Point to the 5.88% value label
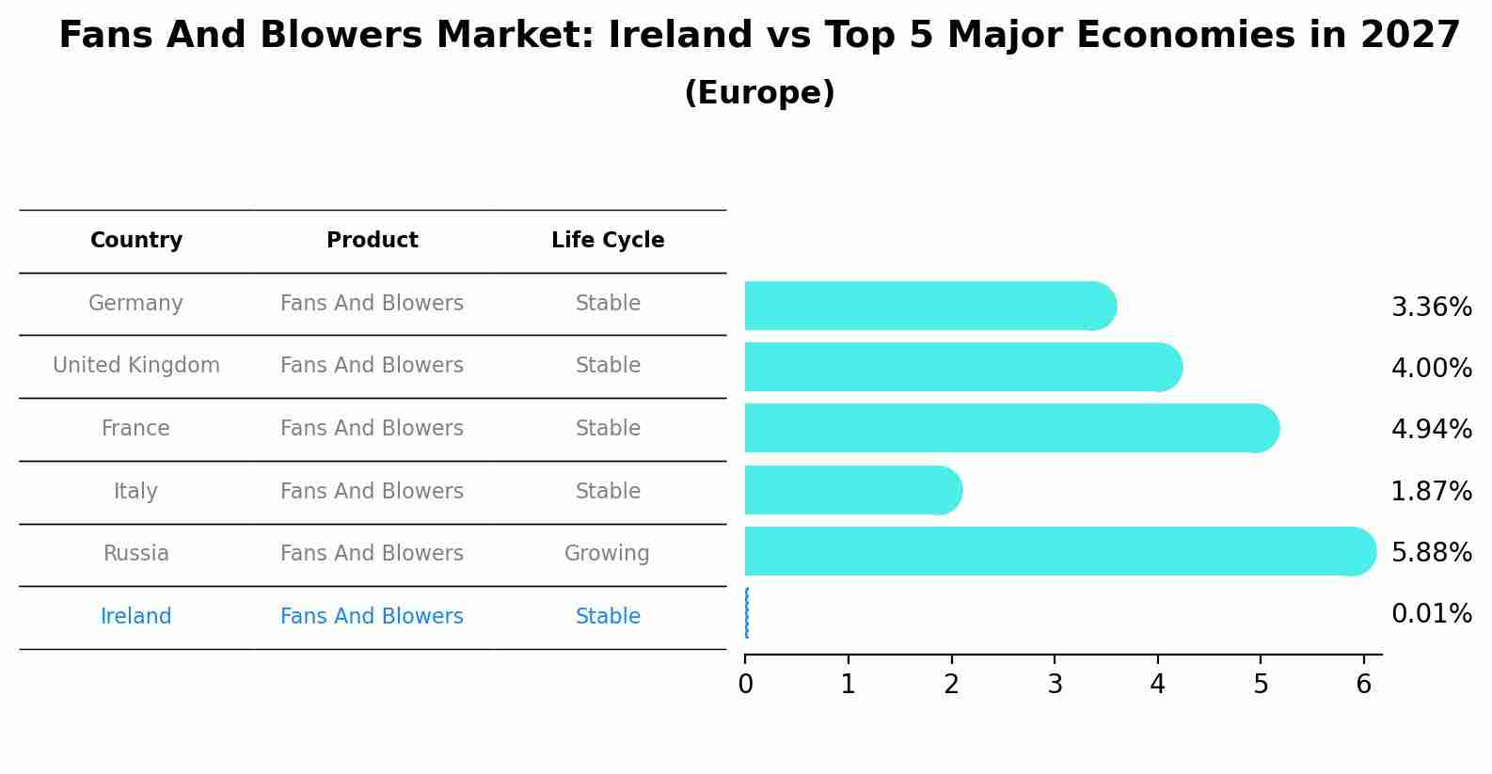tap(1431, 552)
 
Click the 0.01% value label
tap(1431, 614)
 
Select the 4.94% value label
tap(1431, 429)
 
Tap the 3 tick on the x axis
tap(1055, 685)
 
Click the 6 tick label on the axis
tap(1363, 685)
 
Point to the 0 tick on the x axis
tap(745, 685)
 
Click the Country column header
tap(136, 241)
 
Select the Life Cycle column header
tap(608, 241)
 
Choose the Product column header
tap(373, 241)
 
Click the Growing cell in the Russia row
tap(607, 553)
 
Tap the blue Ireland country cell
tap(136, 616)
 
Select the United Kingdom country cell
tap(136, 365)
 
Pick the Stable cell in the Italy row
tap(608, 491)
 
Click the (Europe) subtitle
tap(759, 93)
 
